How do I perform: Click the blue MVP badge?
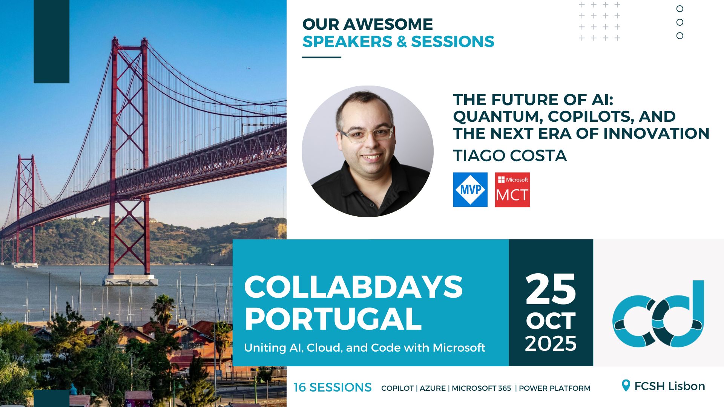coord(470,190)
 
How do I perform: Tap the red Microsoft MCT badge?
coord(512,190)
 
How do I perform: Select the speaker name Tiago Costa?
coord(510,156)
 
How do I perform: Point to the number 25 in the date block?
coord(551,289)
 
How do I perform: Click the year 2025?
coord(551,344)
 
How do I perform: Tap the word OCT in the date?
coord(551,321)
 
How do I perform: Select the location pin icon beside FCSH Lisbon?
coord(626,386)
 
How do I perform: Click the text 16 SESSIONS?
coord(332,387)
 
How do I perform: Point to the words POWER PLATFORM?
coord(554,388)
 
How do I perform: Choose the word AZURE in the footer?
coord(433,388)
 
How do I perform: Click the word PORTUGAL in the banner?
coord(333,319)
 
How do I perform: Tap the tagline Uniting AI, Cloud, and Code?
coord(364,347)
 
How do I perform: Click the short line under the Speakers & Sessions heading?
coord(321,57)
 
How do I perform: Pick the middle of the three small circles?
coord(680,22)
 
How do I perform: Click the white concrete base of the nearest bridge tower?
coord(130,280)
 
